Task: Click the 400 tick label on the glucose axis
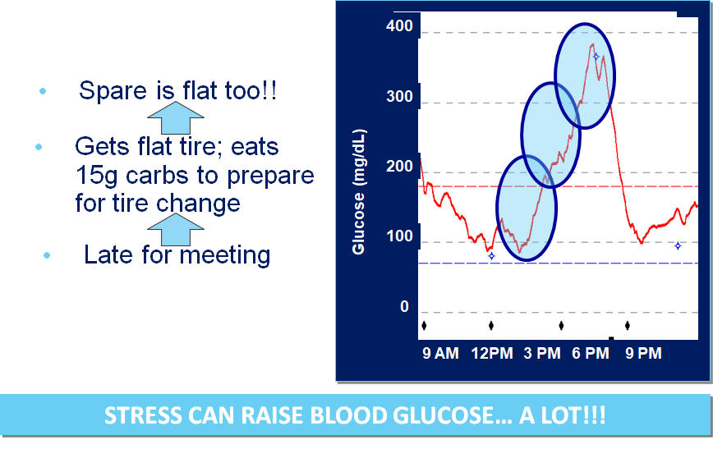[399, 26]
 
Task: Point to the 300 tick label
[399, 96]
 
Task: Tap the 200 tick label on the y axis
[399, 167]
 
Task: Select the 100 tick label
[399, 236]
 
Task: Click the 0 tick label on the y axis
[404, 307]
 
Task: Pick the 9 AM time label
[440, 353]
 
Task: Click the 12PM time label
[492, 353]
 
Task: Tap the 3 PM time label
[542, 353]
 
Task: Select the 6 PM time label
[591, 353]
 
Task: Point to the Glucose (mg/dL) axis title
[359, 192]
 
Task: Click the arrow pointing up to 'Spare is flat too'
[176, 117]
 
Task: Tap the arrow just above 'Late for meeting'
[176, 230]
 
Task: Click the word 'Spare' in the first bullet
[113, 91]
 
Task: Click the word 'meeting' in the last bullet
[224, 255]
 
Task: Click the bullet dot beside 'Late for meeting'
[47, 255]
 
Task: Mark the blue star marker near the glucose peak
[596, 57]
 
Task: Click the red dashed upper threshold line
[559, 186]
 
